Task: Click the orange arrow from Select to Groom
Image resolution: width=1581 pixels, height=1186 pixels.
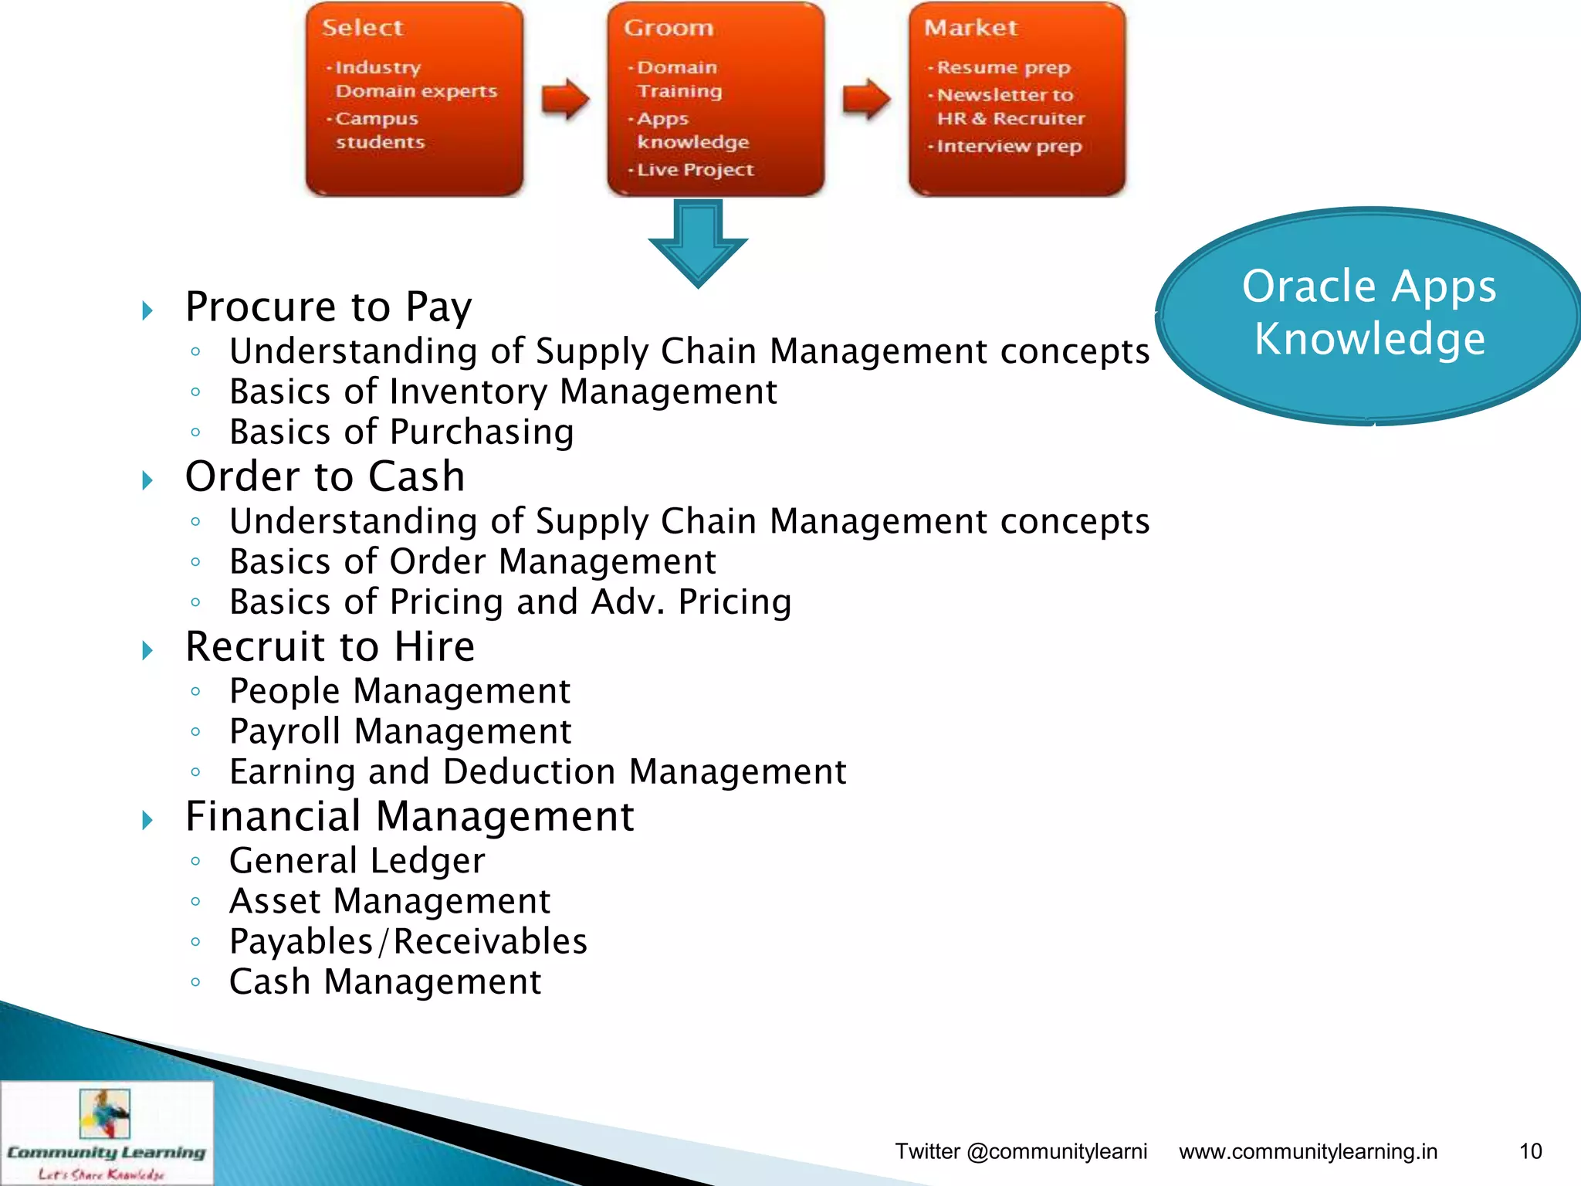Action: pyautogui.click(x=564, y=99)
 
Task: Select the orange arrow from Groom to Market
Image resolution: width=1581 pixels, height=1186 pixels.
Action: pyautogui.click(x=865, y=99)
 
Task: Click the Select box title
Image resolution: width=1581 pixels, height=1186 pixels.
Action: pyautogui.click(x=362, y=28)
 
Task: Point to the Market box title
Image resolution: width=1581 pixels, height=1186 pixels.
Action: pyautogui.click(x=970, y=28)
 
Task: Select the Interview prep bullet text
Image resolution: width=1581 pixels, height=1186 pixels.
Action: pyautogui.click(x=1008, y=146)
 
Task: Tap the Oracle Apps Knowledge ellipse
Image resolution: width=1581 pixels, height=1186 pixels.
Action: pyautogui.click(x=1369, y=315)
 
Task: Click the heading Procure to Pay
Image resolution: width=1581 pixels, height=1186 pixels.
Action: pyautogui.click(x=328, y=307)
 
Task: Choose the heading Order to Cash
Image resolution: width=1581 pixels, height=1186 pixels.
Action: pyautogui.click(x=325, y=476)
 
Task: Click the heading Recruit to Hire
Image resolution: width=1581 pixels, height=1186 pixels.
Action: pyautogui.click(x=330, y=646)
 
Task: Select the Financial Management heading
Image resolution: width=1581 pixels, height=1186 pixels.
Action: pyautogui.click(x=409, y=816)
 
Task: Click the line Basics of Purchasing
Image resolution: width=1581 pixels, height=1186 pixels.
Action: pyautogui.click(x=401, y=432)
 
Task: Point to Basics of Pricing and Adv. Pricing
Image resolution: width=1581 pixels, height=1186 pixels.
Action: pyautogui.click(x=510, y=601)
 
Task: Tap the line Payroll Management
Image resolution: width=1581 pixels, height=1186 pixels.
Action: pyautogui.click(x=400, y=731)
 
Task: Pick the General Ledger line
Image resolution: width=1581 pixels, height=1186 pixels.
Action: pyautogui.click(x=357, y=861)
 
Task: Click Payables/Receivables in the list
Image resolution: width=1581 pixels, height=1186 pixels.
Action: pyautogui.click(x=408, y=941)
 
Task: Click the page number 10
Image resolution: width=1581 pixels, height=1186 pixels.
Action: pyautogui.click(x=1530, y=1151)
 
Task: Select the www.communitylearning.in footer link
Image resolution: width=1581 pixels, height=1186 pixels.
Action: pyautogui.click(x=1308, y=1151)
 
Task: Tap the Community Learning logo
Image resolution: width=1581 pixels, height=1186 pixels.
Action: pyautogui.click(x=106, y=1132)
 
